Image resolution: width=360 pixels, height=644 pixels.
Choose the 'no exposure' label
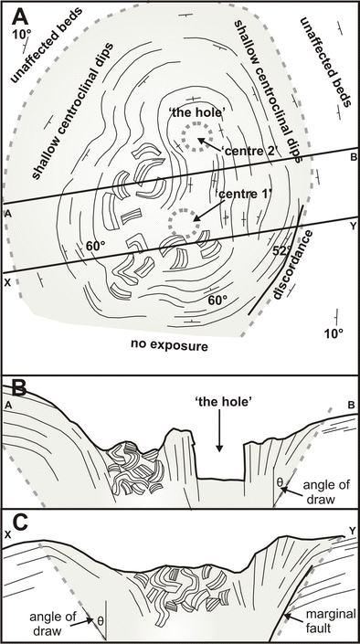[x=170, y=345]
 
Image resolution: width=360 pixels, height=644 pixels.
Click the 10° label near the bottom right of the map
[x=333, y=333]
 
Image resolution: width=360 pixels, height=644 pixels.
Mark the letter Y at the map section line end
[x=353, y=226]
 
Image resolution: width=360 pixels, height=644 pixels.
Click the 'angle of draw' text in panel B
[x=327, y=491]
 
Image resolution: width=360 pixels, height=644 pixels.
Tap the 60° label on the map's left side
[x=97, y=246]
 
